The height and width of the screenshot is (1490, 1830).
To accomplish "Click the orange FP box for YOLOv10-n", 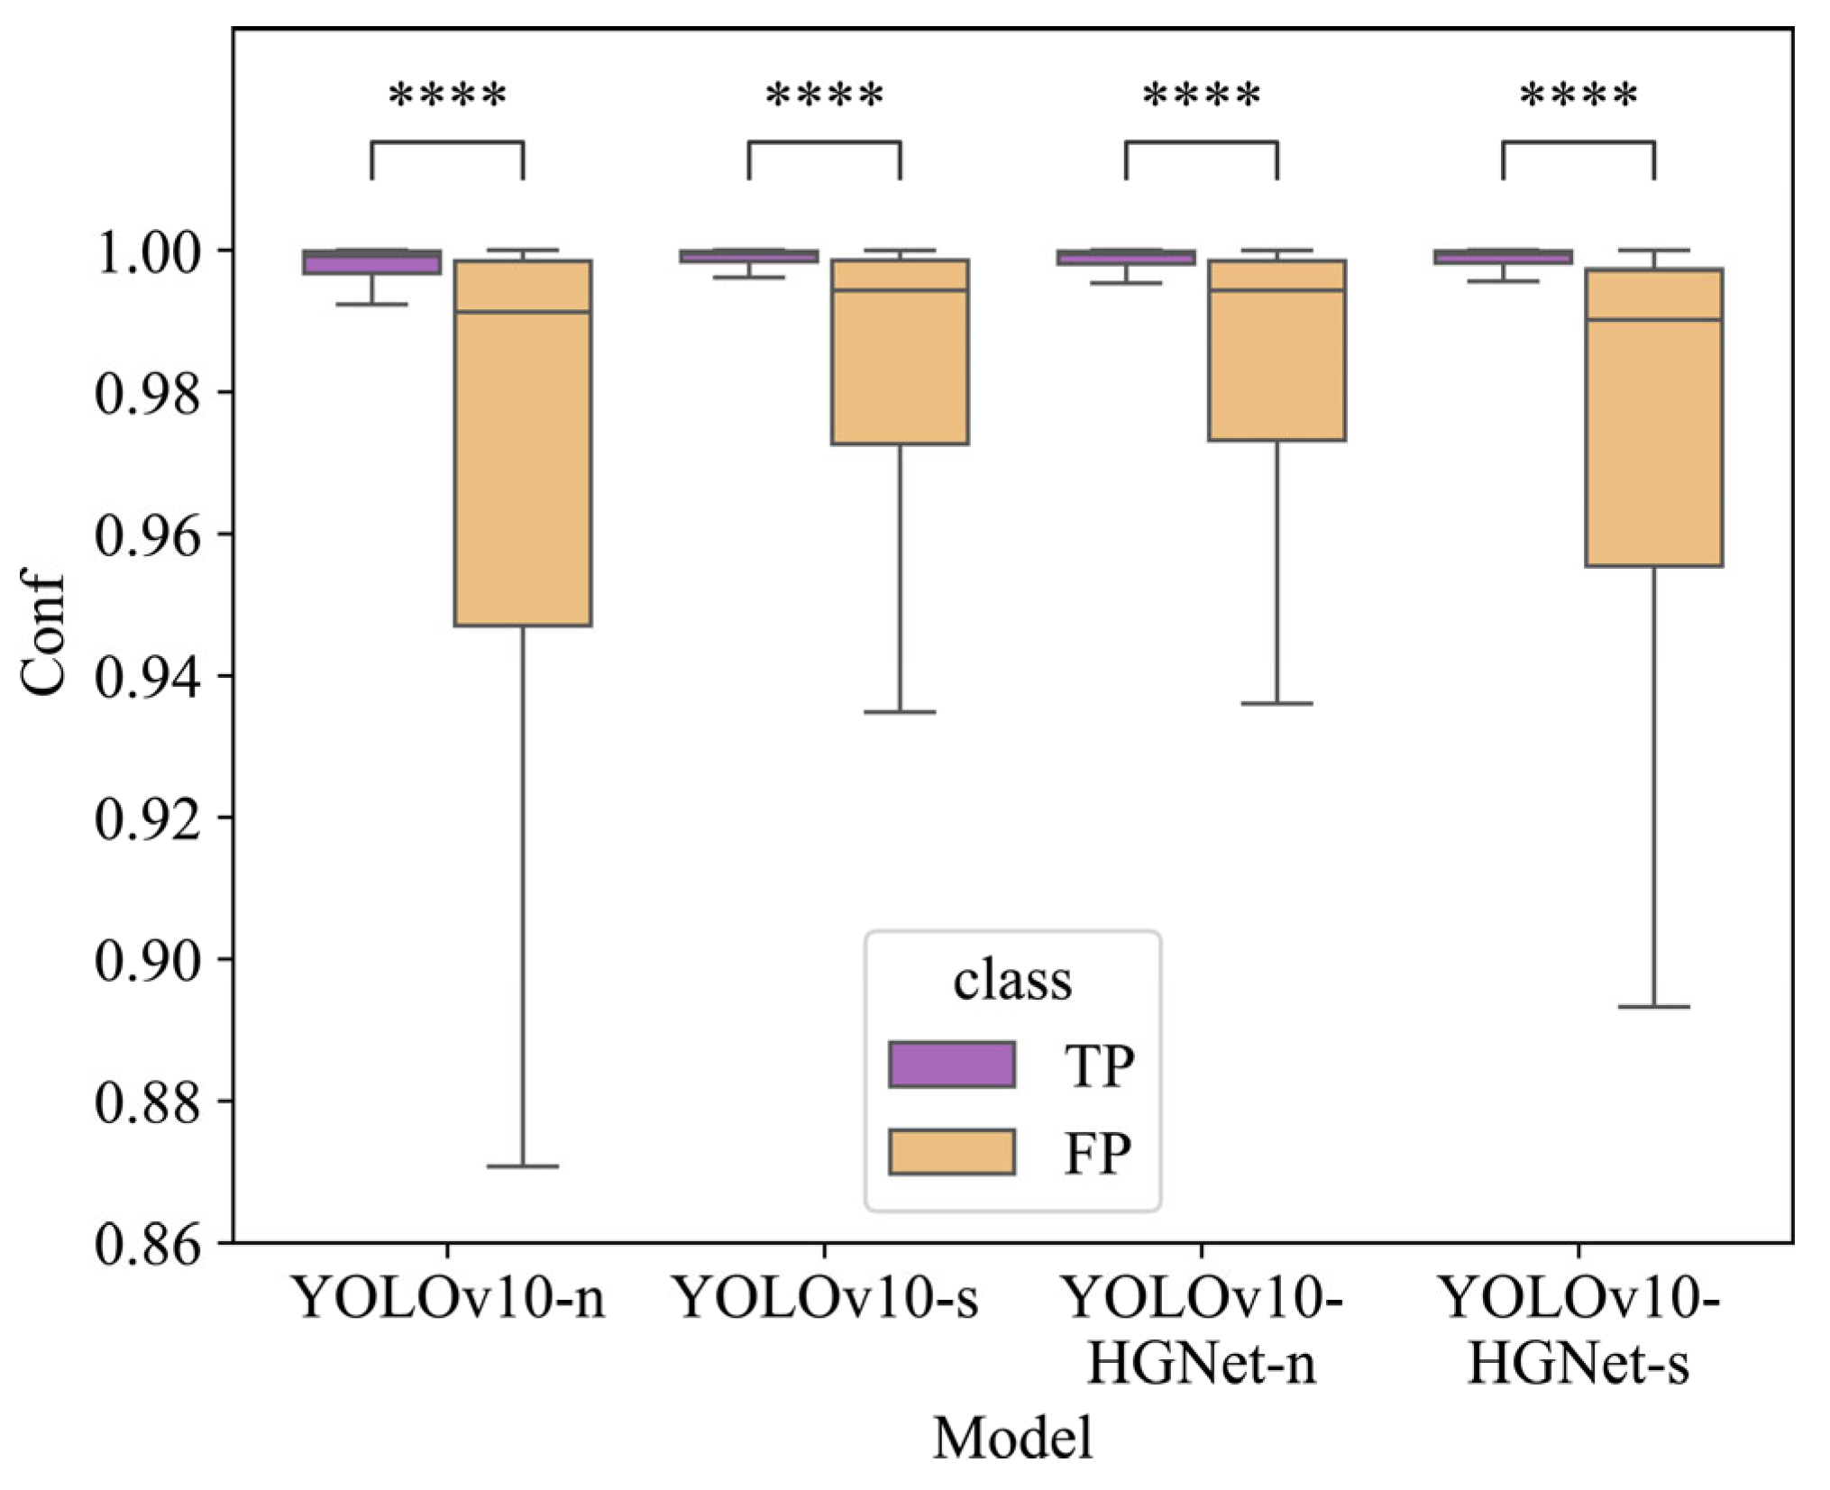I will click(x=523, y=469).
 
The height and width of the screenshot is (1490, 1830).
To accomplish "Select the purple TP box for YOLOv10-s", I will click(x=749, y=256).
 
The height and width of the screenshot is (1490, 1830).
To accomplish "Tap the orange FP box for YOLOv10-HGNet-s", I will click(x=1653, y=442).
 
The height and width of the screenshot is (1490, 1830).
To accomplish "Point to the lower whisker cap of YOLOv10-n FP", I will click(x=523, y=1166).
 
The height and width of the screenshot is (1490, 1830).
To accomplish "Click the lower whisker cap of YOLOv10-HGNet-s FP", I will click(x=1653, y=1006).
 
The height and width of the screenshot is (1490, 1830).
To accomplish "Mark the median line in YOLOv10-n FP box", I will click(x=523, y=312).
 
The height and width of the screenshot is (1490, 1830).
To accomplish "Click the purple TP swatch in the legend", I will click(x=951, y=1065).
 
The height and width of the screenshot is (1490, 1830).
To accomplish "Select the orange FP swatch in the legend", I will click(x=951, y=1151).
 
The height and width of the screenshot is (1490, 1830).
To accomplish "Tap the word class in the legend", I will click(x=1012, y=981).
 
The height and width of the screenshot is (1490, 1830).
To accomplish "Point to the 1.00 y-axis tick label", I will click(x=147, y=252).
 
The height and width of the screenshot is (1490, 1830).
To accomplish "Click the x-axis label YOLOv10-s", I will click(x=826, y=1299).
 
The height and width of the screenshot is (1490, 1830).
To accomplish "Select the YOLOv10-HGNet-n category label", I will click(x=1202, y=1330).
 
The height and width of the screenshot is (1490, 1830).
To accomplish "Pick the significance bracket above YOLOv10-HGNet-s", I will click(x=1578, y=142).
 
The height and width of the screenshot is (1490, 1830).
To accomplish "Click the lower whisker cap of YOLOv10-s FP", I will click(x=900, y=712).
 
